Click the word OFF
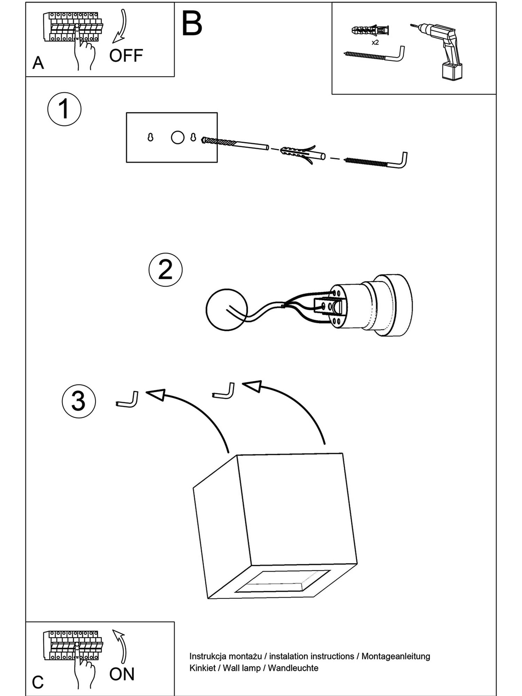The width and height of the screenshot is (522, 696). click(x=126, y=56)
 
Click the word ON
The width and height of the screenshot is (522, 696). click(x=122, y=674)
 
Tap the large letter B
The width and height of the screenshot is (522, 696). click(x=192, y=24)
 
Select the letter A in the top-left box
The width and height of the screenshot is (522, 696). click(x=38, y=63)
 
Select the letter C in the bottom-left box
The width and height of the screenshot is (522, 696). click(x=38, y=682)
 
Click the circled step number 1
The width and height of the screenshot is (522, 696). click(x=64, y=109)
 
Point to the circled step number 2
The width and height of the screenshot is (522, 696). click(x=165, y=270)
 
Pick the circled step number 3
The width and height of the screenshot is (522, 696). click(x=79, y=401)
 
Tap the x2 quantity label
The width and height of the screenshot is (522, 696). click(x=375, y=43)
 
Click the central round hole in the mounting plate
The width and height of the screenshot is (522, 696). click(x=177, y=137)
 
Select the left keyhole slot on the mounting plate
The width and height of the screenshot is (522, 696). click(x=150, y=137)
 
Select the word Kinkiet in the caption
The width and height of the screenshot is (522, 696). click(x=202, y=668)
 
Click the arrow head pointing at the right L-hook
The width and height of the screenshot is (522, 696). click(x=252, y=386)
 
